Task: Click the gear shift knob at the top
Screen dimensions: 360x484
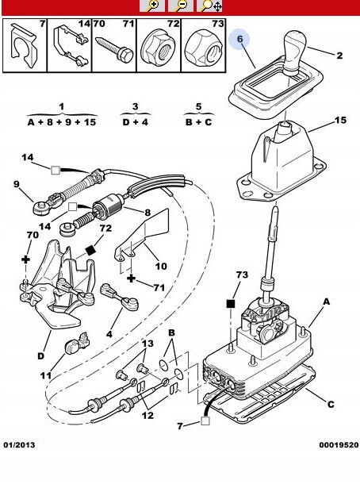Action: point(294,51)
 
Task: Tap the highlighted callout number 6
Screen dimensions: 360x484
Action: point(240,39)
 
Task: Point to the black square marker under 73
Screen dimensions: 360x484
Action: point(231,304)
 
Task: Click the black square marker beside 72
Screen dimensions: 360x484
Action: point(90,250)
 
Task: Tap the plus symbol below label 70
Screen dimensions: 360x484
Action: point(26,259)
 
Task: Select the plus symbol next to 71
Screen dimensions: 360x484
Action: point(132,278)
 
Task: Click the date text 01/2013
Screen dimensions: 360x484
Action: point(20,445)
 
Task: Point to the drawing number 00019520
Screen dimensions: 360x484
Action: point(339,445)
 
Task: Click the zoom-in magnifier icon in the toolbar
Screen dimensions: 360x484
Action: point(152,6)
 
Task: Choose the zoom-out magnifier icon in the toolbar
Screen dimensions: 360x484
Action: point(181,6)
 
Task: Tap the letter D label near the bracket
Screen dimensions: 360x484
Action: point(40,356)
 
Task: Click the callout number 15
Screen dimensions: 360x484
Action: point(340,120)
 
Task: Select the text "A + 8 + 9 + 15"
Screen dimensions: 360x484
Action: point(62,122)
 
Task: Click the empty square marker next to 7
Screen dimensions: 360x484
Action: point(205,421)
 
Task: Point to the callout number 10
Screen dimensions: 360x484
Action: point(161,266)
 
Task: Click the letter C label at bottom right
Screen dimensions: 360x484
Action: point(331,404)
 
